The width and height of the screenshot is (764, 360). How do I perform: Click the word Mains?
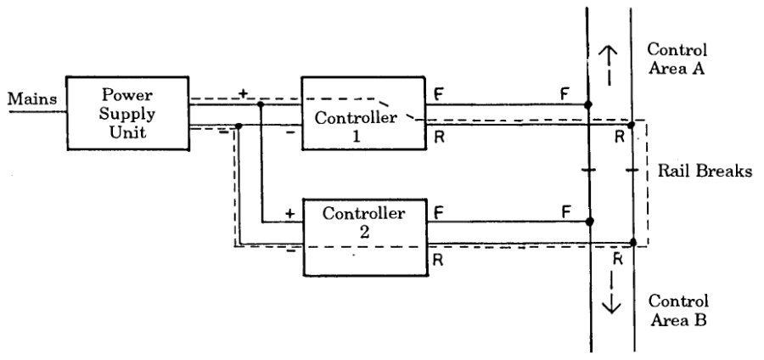click(31, 101)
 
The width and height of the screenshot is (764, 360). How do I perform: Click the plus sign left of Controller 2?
click(289, 215)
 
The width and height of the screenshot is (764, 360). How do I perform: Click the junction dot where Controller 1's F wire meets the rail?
click(589, 106)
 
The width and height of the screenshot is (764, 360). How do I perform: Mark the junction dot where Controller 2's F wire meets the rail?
click(589, 222)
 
